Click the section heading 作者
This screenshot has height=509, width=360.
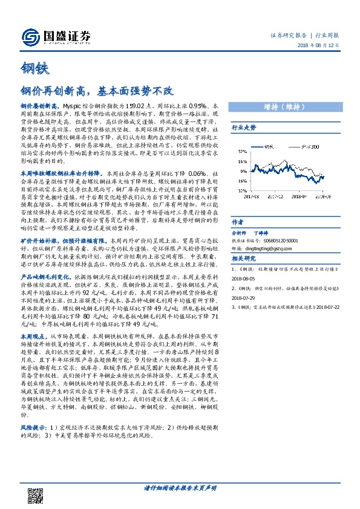238,221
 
